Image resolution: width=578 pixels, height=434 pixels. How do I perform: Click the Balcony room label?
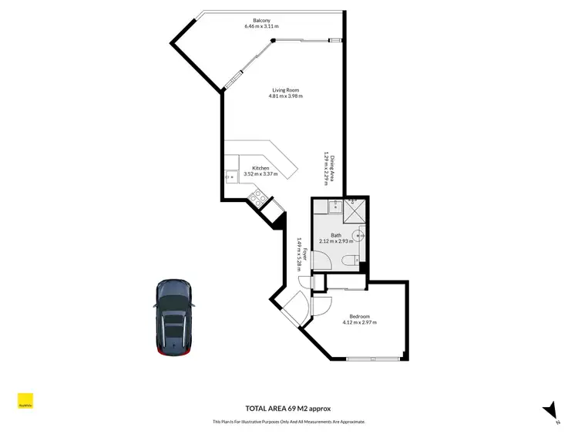pos(260,20)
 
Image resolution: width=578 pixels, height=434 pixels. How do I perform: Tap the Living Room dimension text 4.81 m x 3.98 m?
pos(286,96)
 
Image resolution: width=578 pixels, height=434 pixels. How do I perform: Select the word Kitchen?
pos(260,168)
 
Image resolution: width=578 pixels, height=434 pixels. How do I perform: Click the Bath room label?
pos(336,235)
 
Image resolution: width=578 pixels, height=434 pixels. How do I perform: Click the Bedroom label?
pos(360,317)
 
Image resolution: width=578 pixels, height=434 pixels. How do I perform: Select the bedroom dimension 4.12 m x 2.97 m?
pos(360,323)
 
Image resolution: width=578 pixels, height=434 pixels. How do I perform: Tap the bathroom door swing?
pos(321,305)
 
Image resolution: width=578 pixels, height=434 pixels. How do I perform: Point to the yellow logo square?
pos(25,402)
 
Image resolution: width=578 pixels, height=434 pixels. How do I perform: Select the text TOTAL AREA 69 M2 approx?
pos(288,409)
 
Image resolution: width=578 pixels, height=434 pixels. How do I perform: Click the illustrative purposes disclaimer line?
pos(288,422)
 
